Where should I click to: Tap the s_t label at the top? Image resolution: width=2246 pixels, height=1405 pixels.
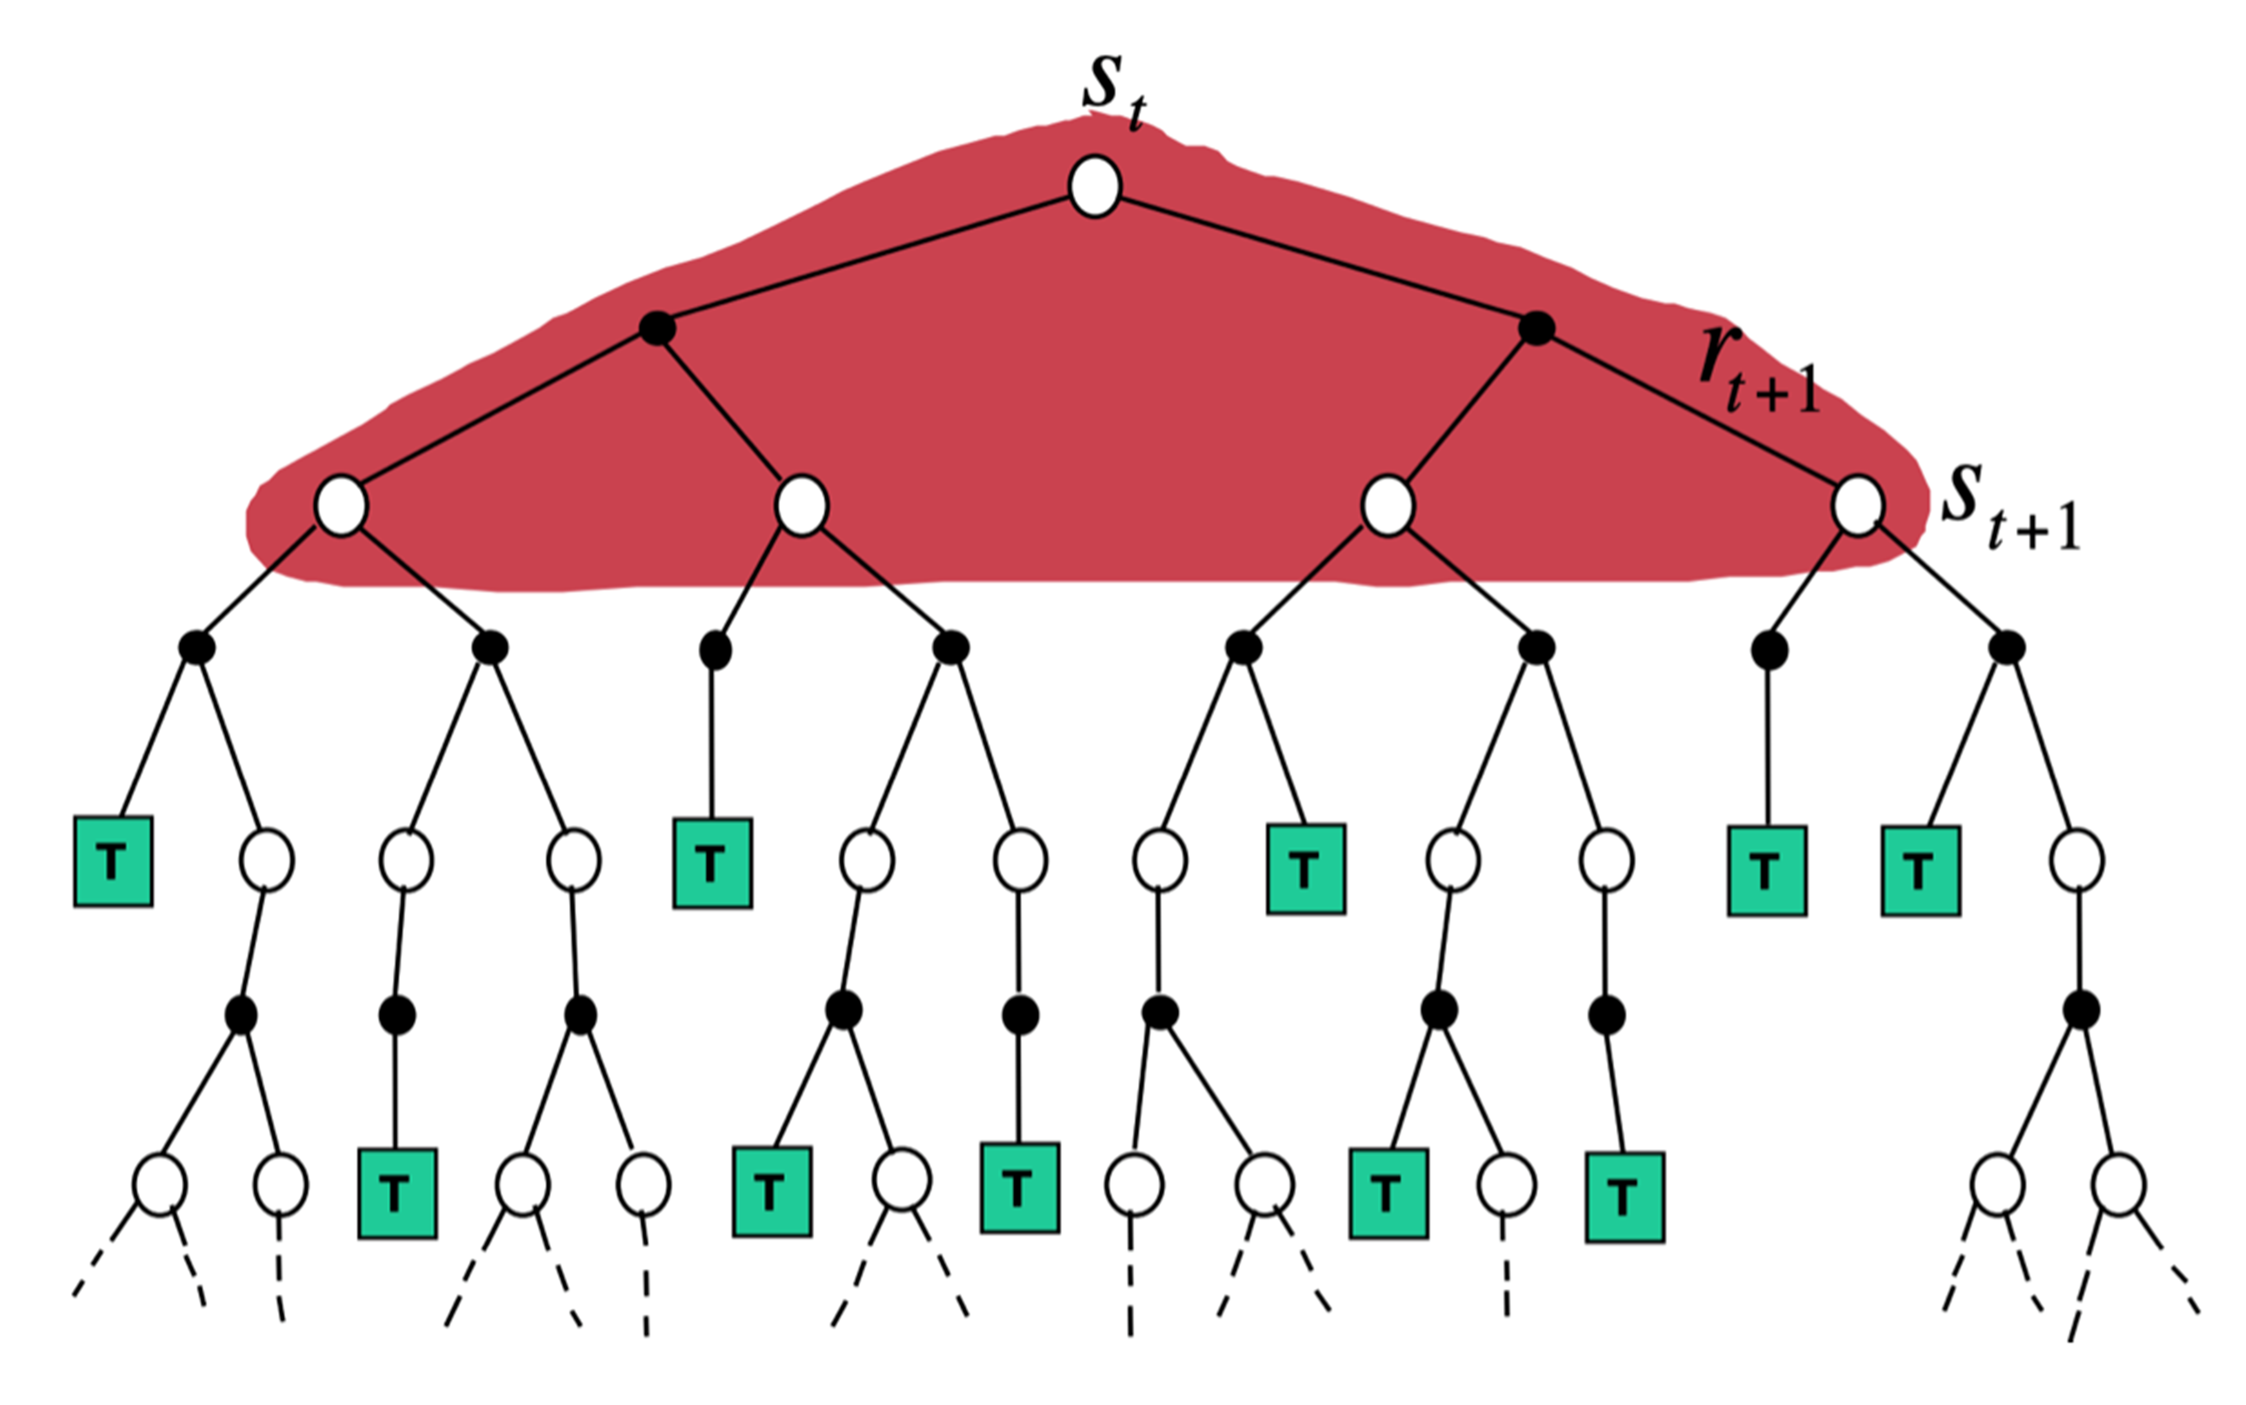pos(1113,93)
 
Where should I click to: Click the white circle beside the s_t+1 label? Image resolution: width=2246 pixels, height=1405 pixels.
pos(1858,506)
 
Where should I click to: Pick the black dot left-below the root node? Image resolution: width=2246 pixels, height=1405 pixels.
pos(657,327)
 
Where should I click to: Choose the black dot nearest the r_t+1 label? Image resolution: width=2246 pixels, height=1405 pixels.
pos(1536,327)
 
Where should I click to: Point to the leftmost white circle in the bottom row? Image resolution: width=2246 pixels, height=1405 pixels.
pos(160,1185)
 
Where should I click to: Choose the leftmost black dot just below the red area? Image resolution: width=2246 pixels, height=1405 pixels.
pos(196,647)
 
